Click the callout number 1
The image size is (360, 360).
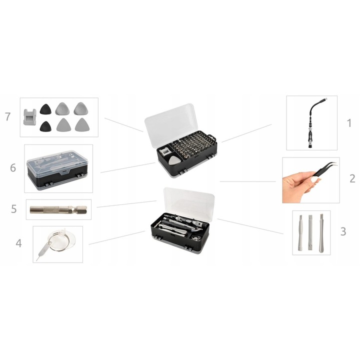[x=349, y=123]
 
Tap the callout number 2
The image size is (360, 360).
[x=352, y=178]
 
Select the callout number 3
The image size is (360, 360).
[x=343, y=231]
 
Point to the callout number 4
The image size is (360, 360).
[x=18, y=243]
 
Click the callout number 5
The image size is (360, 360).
[x=14, y=208]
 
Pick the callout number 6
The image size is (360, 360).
[x=13, y=168]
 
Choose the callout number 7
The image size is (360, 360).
[x=8, y=116]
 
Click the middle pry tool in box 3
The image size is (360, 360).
[x=310, y=232]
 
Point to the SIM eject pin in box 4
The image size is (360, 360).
[x=43, y=251]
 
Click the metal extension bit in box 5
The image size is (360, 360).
[x=58, y=209]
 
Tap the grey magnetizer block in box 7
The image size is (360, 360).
[x=30, y=117]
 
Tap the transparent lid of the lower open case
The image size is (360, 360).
[x=189, y=204]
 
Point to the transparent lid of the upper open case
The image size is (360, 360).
[x=171, y=124]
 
